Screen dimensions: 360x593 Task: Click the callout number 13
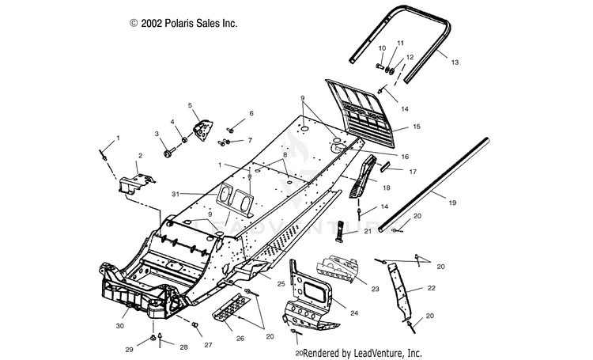tap(454, 61)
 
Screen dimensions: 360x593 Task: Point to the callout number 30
tap(121, 326)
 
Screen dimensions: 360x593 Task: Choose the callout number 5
tap(191, 105)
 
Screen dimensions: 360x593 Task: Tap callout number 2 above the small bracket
tap(141, 156)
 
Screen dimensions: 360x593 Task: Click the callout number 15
tap(416, 127)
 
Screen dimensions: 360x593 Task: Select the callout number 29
tap(129, 349)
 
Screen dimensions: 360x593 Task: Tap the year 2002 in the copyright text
tap(154, 24)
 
